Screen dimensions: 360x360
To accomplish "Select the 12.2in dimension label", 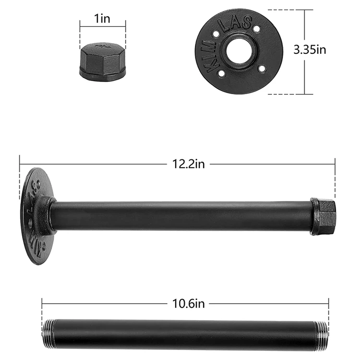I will (189, 164).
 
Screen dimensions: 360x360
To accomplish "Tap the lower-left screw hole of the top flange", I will (222, 74).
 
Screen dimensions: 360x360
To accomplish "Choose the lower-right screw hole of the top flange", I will (262, 69).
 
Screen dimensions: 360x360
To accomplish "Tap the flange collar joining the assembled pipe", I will (48, 216).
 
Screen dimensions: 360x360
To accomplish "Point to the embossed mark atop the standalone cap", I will (102, 47).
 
